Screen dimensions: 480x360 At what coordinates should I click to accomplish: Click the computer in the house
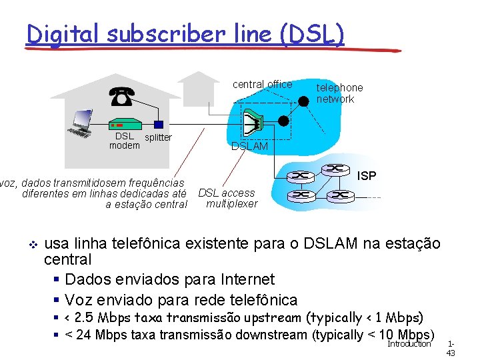(x=82, y=123)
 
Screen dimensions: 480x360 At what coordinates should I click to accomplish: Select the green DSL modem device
(x=124, y=125)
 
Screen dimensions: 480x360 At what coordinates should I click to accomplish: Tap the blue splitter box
(x=158, y=125)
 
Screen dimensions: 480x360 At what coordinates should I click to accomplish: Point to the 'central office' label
(x=262, y=84)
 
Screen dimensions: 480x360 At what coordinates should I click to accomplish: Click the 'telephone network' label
(x=339, y=93)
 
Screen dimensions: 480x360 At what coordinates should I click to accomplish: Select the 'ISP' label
(x=367, y=176)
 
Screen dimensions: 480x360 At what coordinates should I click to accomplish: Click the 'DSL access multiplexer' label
(x=227, y=198)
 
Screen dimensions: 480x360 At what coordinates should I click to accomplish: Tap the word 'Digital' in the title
(x=63, y=33)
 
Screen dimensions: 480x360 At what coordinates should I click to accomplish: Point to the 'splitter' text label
(x=158, y=137)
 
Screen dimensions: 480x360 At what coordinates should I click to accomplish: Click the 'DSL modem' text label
(x=124, y=141)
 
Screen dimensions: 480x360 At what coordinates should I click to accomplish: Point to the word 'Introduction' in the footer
(x=409, y=344)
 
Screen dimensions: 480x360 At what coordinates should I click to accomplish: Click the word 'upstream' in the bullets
(x=271, y=317)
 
